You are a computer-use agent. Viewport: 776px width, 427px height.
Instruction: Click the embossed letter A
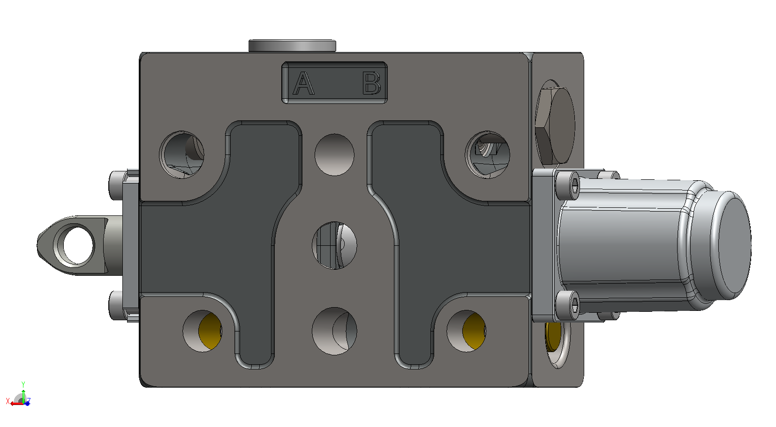[x=303, y=83]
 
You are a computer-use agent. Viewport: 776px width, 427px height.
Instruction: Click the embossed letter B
[x=371, y=83]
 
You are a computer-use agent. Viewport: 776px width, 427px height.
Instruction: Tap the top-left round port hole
[x=181, y=155]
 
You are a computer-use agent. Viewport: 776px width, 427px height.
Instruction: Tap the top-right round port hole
[x=488, y=155]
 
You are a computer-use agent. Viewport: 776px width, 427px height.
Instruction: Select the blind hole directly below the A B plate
[x=334, y=155]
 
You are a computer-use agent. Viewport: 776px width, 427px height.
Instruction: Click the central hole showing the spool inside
[x=334, y=245]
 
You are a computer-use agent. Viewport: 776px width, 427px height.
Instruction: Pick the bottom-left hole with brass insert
[x=202, y=331]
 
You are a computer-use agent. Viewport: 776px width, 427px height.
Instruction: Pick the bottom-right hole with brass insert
[x=466, y=331]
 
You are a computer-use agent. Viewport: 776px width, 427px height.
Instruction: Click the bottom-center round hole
[x=334, y=331]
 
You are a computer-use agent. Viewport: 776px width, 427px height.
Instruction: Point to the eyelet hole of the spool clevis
[x=74, y=245]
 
